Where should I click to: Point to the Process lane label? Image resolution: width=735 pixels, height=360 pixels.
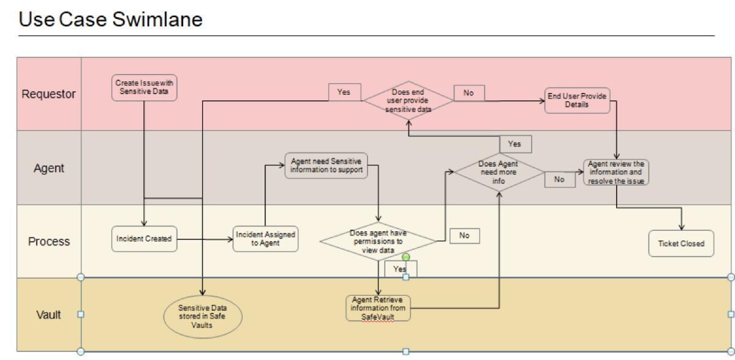click(x=49, y=241)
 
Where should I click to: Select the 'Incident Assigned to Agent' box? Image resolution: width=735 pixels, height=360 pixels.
click(x=266, y=239)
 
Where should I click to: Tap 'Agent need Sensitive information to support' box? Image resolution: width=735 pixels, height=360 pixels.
click(x=326, y=165)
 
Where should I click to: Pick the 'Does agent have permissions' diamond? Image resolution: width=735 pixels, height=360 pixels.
click(x=379, y=241)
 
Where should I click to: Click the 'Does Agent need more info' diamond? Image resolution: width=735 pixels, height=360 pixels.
click(x=499, y=172)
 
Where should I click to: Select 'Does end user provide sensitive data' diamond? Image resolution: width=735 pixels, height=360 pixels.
click(x=409, y=101)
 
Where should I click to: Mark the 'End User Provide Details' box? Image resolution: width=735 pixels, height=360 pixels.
click(x=578, y=101)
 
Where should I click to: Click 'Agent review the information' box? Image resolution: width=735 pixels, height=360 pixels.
click(x=616, y=172)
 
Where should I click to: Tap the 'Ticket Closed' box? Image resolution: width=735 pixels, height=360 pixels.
click(x=681, y=243)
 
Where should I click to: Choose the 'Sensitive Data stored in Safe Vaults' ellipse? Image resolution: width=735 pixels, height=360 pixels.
click(x=202, y=317)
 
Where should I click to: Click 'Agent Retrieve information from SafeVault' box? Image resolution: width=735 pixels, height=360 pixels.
click(x=378, y=307)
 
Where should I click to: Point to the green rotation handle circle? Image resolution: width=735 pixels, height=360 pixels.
click(x=405, y=257)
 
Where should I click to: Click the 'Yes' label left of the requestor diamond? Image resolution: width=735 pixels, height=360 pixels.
click(x=344, y=92)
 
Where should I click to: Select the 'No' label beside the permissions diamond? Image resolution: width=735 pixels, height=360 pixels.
click(x=464, y=235)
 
